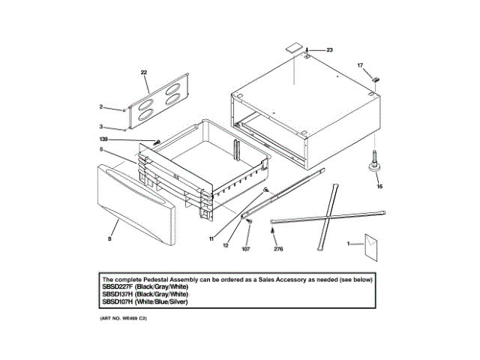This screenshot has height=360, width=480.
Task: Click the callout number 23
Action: pos(329,49)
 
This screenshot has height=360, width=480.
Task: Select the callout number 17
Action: pos(360,66)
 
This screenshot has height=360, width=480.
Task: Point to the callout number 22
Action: pos(144,73)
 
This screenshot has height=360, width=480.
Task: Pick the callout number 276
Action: pos(278,248)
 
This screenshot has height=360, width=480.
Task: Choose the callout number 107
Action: pos(245,248)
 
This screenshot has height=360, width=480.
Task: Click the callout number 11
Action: pos(212,238)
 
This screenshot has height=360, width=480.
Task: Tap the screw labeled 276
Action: pos(274,232)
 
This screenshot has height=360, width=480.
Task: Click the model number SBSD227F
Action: pos(118,286)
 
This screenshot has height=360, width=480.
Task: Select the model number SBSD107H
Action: pos(118,301)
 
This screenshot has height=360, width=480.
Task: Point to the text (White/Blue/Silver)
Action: pos(163,301)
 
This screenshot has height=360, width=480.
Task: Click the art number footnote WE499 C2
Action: pos(124,319)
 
